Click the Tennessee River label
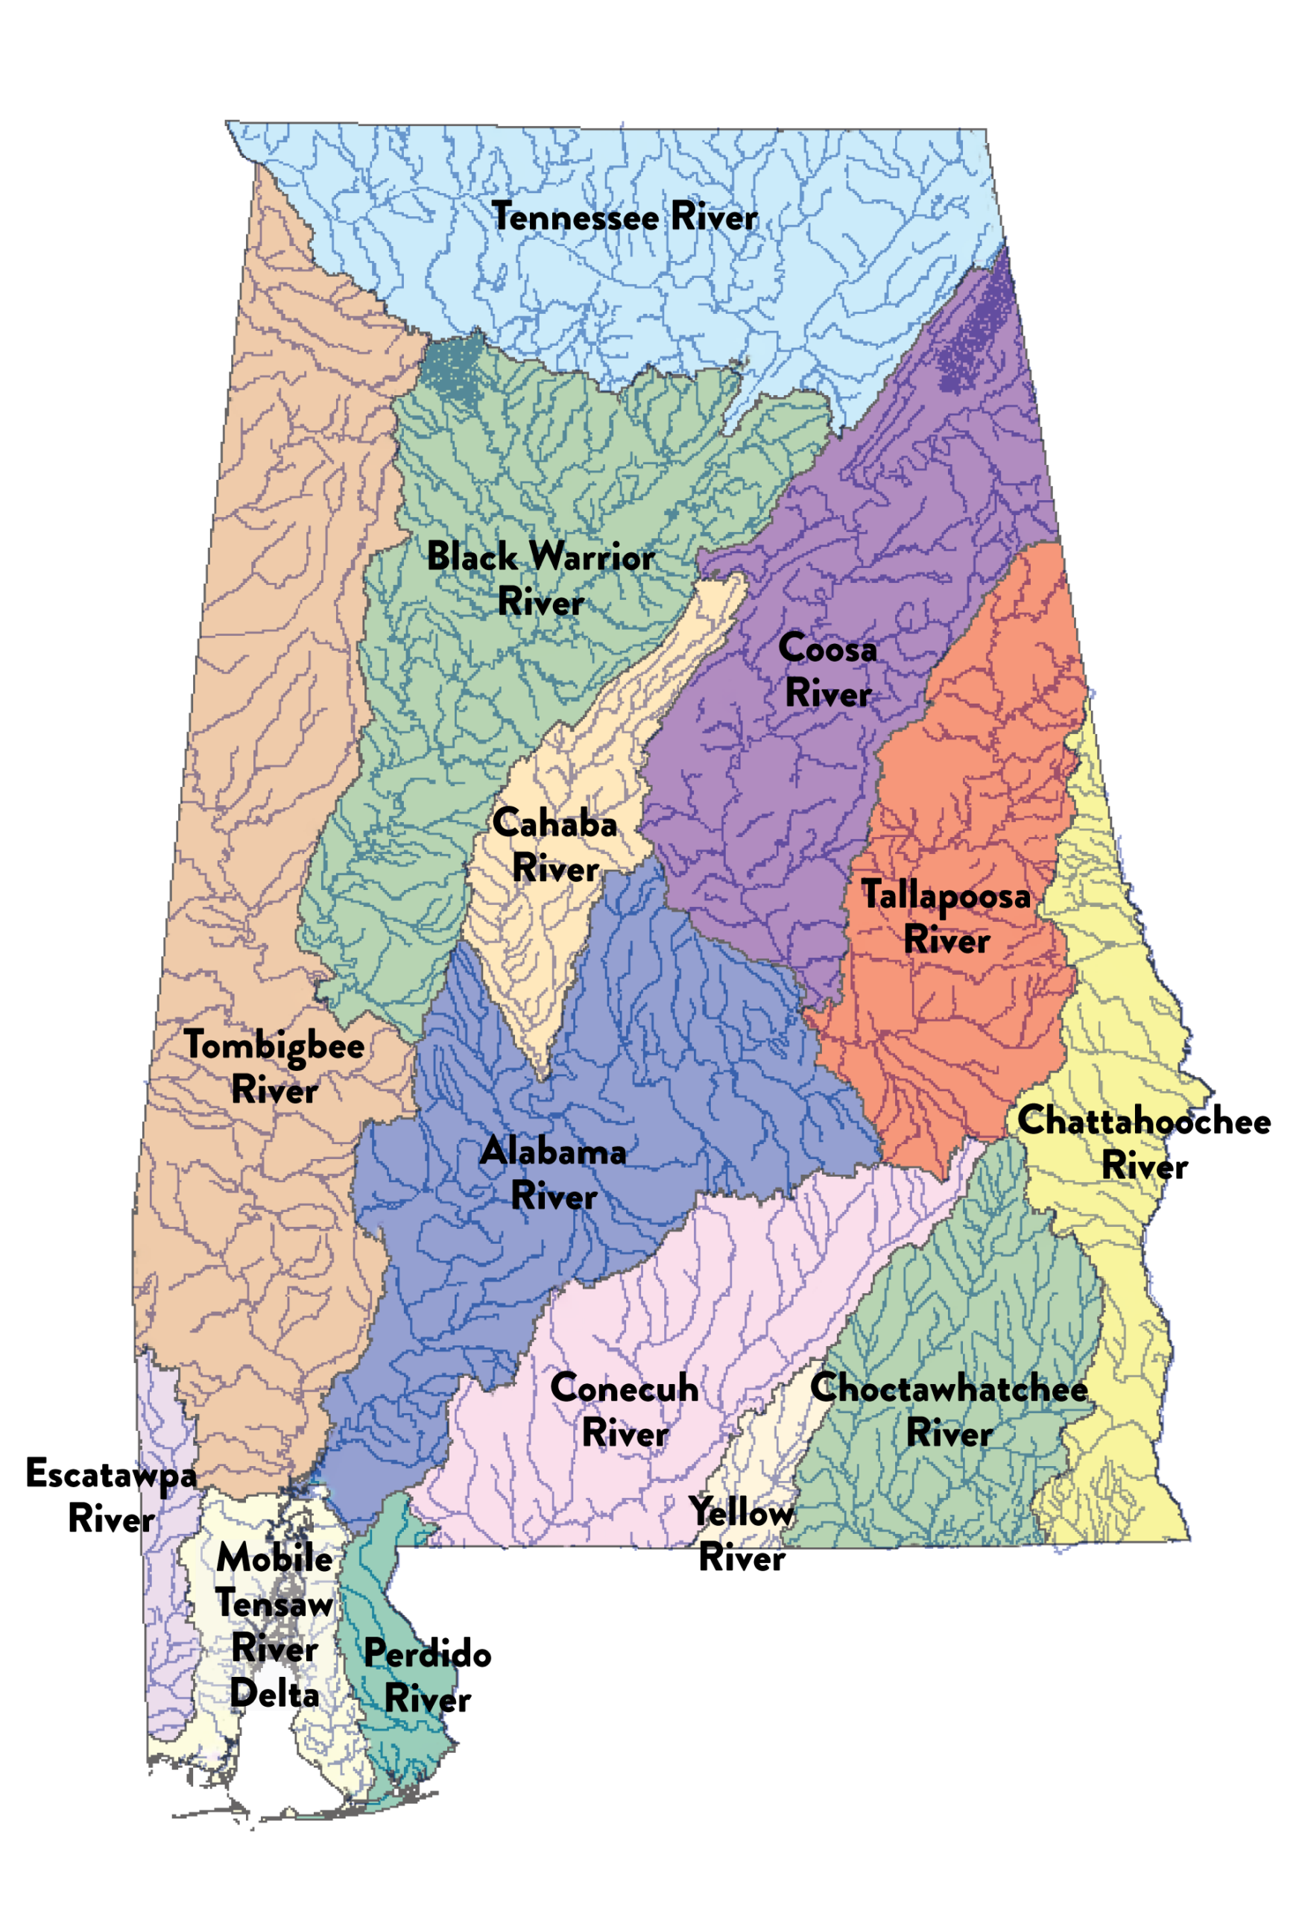coord(624,218)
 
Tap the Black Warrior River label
coord(540,579)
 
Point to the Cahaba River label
coord(554,846)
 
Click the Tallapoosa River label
coord(945,917)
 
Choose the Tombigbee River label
coord(274,1068)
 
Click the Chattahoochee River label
coord(1143,1143)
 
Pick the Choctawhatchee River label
coord(949,1410)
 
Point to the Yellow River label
coord(741,1535)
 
